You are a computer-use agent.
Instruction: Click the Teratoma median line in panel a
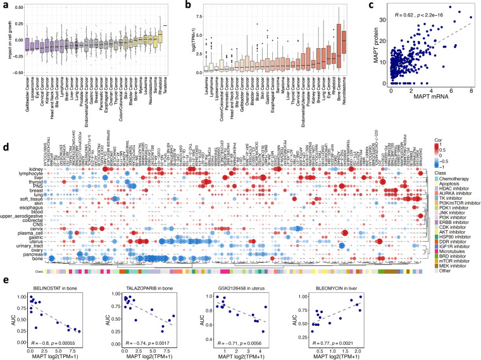(165, 26)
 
